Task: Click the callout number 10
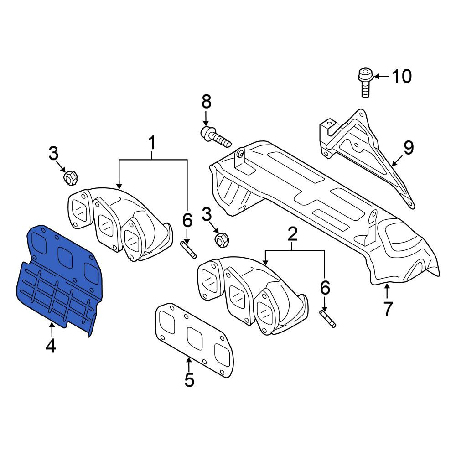tap(402, 76)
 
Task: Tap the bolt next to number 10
tap(365, 83)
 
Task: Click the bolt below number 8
tap(216, 136)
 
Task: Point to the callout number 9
tap(408, 148)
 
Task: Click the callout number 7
tap(388, 309)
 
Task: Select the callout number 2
tap(293, 234)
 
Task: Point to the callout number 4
tap(51, 346)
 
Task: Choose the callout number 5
tap(189, 379)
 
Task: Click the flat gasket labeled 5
tap(195, 340)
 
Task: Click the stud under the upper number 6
tap(189, 249)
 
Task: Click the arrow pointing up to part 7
tap(387, 292)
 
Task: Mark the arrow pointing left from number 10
tap(382, 77)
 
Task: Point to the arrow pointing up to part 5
tap(189, 364)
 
